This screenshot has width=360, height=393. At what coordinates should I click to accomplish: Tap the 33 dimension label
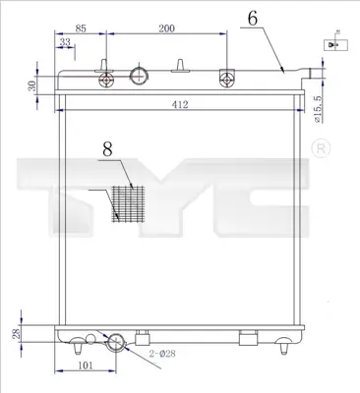(64, 43)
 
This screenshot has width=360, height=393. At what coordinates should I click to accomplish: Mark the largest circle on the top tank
(140, 75)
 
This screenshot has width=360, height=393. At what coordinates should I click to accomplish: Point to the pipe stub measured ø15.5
(314, 73)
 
